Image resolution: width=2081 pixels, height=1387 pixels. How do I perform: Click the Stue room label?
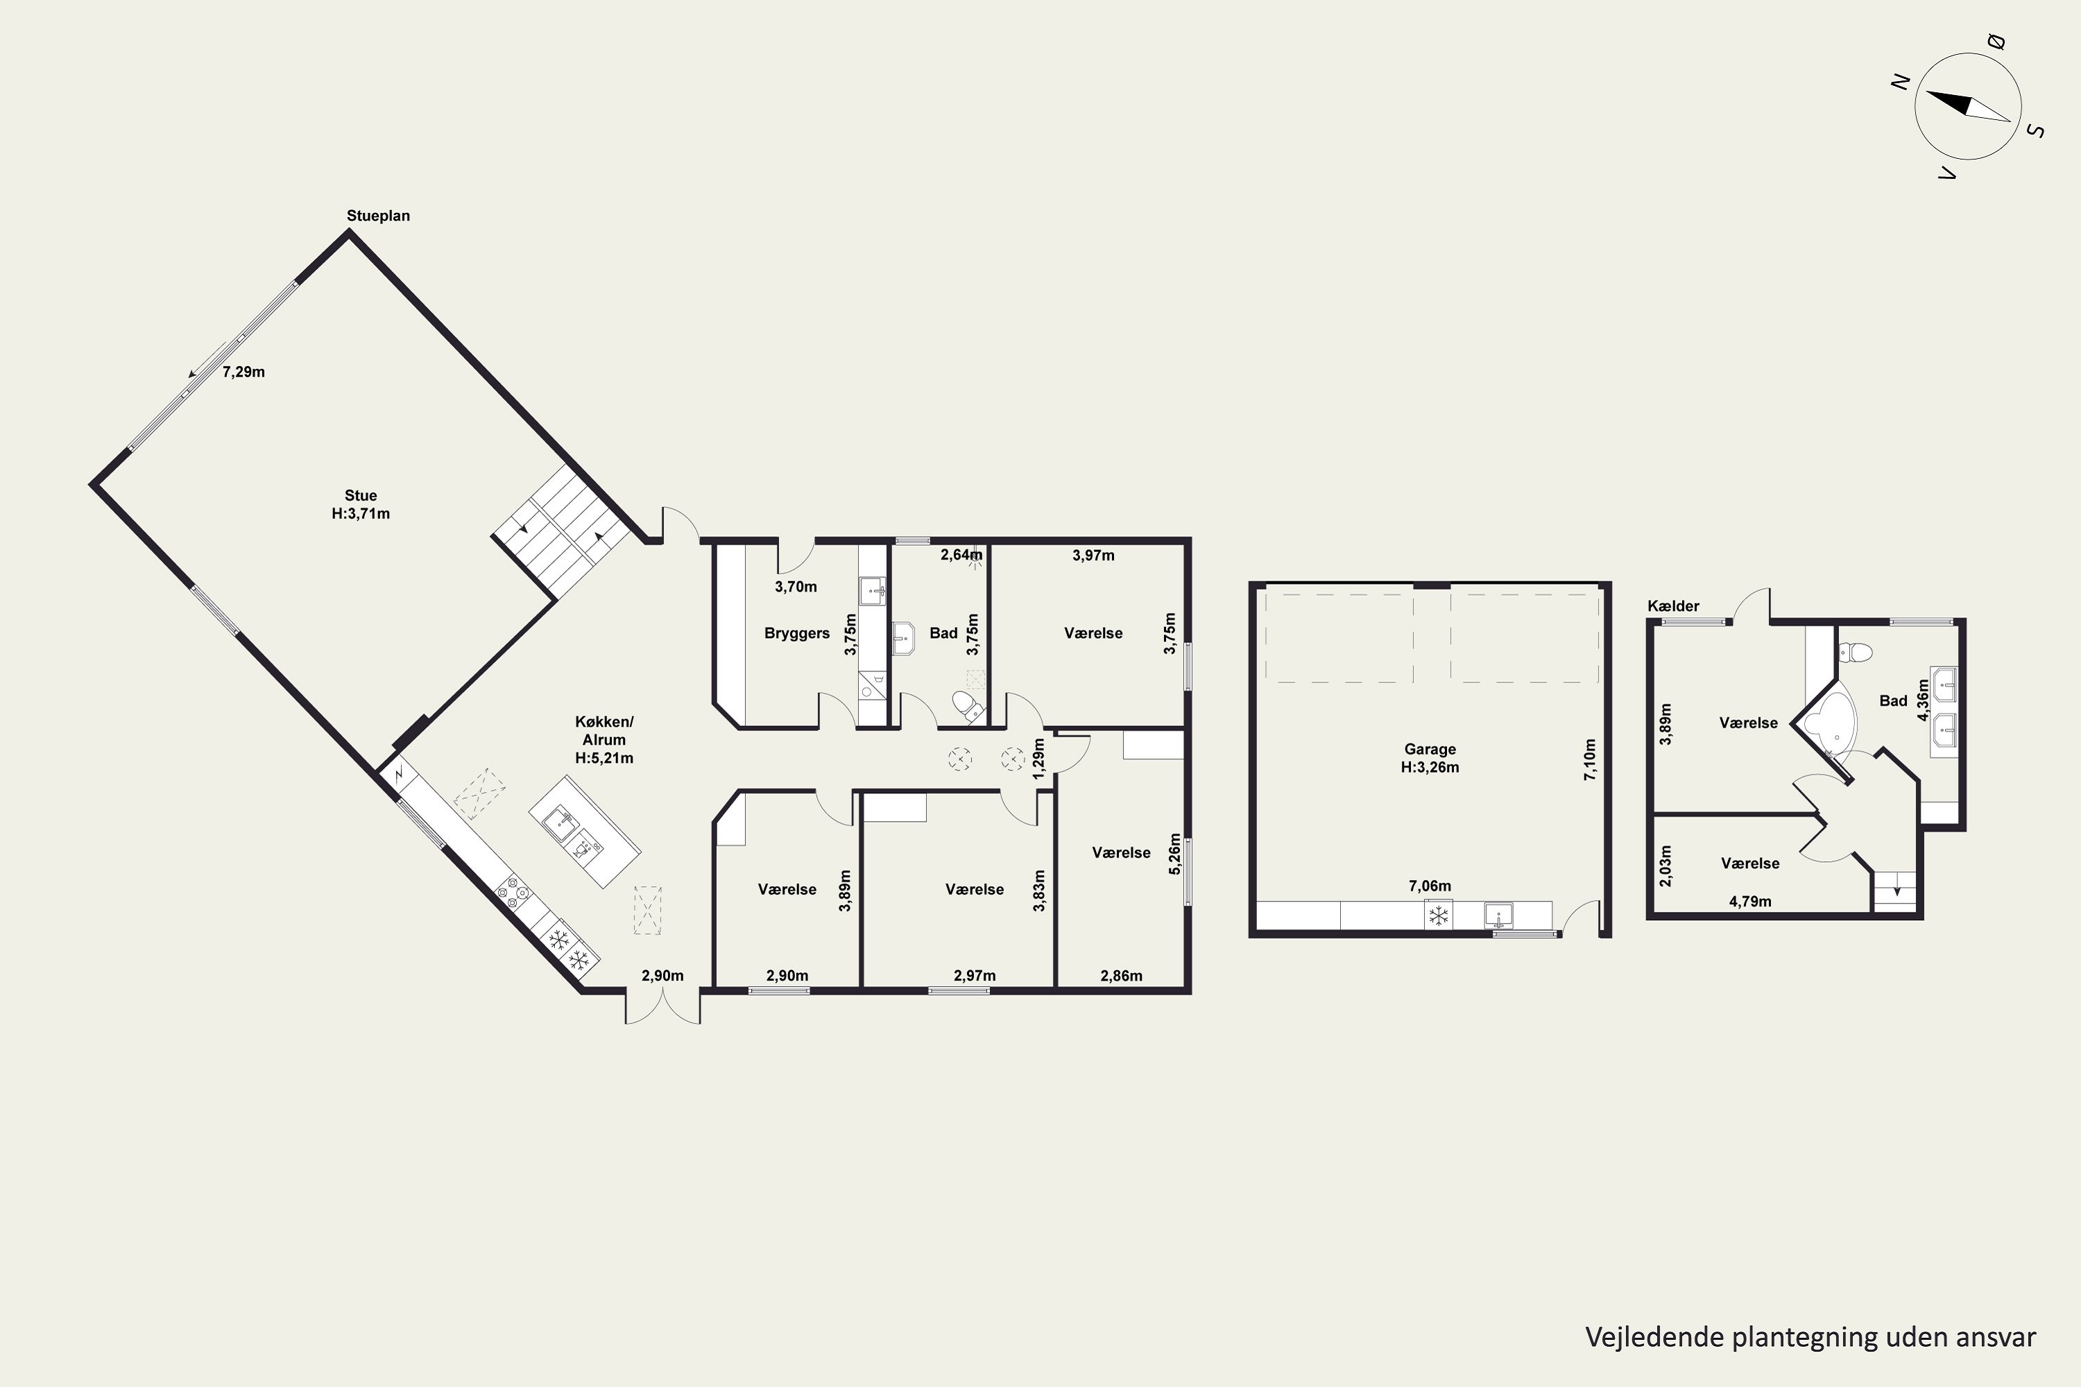pos(360,495)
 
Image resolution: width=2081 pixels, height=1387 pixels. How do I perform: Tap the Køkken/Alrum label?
pos(604,739)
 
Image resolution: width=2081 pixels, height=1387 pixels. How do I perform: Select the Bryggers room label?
pos(796,633)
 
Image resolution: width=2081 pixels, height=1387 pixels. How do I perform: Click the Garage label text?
pos(1430,749)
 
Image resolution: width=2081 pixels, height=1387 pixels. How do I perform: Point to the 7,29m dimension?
pos(243,372)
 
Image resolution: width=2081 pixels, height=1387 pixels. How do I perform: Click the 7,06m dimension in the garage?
pos(1430,886)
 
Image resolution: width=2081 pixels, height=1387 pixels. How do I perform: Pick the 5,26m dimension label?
pos(1175,854)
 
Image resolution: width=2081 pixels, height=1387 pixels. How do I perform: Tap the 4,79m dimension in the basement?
pos(1750,902)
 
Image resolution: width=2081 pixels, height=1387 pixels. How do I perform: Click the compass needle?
pos(1969,106)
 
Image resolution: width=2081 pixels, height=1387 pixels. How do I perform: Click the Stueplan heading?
pos(378,216)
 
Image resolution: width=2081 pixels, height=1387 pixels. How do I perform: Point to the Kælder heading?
pos(1673,606)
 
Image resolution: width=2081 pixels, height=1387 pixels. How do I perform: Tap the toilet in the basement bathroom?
pos(1854,653)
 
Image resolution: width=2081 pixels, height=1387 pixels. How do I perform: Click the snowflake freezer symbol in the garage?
pos(1439,915)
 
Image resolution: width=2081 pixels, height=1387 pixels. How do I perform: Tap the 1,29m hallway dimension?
pos(1038,759)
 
